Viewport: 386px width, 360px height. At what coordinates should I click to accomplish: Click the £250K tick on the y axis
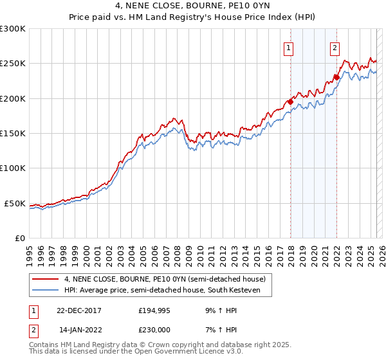point(13,64)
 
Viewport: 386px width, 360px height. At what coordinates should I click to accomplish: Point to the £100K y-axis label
point(13,168)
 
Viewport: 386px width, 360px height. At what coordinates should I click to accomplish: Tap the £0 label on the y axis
point(19,238)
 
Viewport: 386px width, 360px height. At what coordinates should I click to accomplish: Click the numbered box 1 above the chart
point(288,47)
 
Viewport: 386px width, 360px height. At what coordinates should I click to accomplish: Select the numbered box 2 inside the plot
point(335,47)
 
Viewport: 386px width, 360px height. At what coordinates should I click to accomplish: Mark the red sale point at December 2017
point(290,101)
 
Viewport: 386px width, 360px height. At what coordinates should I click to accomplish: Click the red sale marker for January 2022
point(336,77)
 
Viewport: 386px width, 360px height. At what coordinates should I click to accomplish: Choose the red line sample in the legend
point(46,279)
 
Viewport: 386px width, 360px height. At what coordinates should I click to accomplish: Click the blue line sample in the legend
point(46,291)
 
